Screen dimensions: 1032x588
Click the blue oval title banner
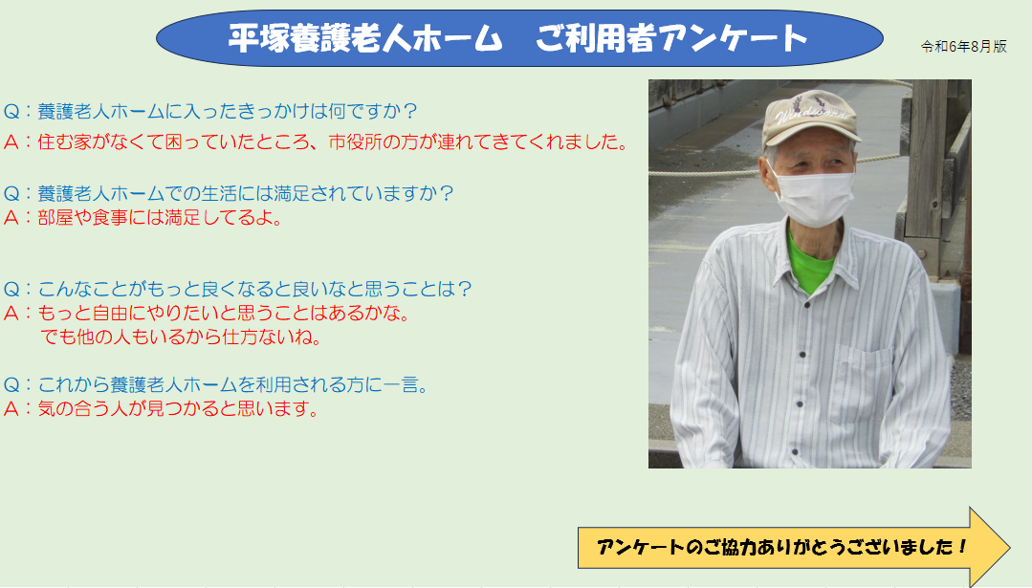pos(519,38)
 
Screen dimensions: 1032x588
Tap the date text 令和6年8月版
pos(963,47)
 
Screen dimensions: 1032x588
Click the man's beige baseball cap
pos(810,118)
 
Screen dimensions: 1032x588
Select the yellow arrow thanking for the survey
pos(793,547)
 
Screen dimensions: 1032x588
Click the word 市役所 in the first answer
pos(355,142)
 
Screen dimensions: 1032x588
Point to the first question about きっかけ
pos(210,111)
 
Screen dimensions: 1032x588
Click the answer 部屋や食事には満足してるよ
pos(143,218)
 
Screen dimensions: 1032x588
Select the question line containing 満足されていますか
pos(229,193)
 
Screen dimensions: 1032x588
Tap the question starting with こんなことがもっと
pos(237,289)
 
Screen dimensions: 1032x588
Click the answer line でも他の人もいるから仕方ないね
pos(181,337)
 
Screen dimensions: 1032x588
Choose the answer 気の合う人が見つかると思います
pos(162,409)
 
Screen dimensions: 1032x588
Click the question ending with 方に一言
pos(216,384)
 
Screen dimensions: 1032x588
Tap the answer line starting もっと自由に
pos(207,313)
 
